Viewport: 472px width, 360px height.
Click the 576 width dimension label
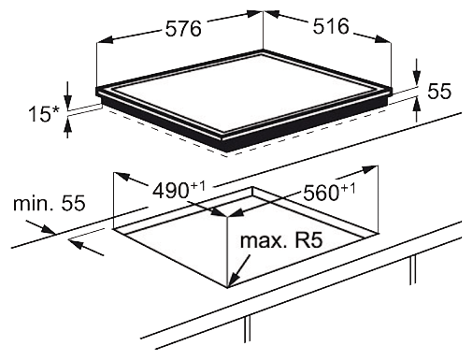point(183,29)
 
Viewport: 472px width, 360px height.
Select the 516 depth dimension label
point(331,26)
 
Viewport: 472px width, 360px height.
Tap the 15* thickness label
point(44,114)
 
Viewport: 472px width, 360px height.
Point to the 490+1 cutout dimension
point(179,190)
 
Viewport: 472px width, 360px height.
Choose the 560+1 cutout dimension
point(329,192)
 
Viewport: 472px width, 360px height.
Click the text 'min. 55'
point(50,203)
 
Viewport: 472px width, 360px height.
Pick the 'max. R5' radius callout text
point(281,240)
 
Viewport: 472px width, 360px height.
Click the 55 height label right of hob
point(439,92)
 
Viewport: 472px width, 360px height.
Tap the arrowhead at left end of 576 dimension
point(105,40)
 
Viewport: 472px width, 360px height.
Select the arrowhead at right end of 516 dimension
point(383,39)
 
